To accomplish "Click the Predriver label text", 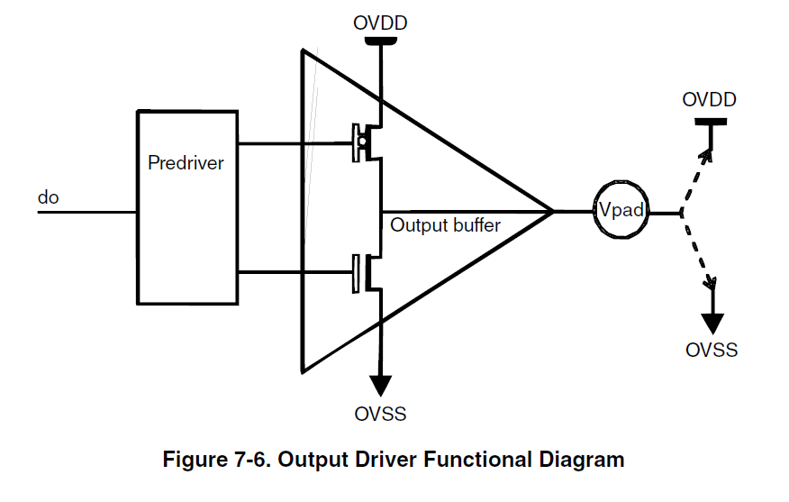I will click(186, 165).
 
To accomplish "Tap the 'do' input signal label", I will click(48, 196).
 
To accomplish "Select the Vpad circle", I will click(621, 213).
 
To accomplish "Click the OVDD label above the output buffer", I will click(379, 23).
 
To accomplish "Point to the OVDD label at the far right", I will click(709, 99).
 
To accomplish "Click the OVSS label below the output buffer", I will click(380, 415).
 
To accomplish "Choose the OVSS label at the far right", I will click(712, 350).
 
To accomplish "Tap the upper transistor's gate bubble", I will click(362, 141).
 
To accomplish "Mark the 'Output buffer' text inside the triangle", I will click(445, 225).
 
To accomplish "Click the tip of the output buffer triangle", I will click(550, 213).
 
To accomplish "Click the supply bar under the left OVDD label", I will click(380, 40).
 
